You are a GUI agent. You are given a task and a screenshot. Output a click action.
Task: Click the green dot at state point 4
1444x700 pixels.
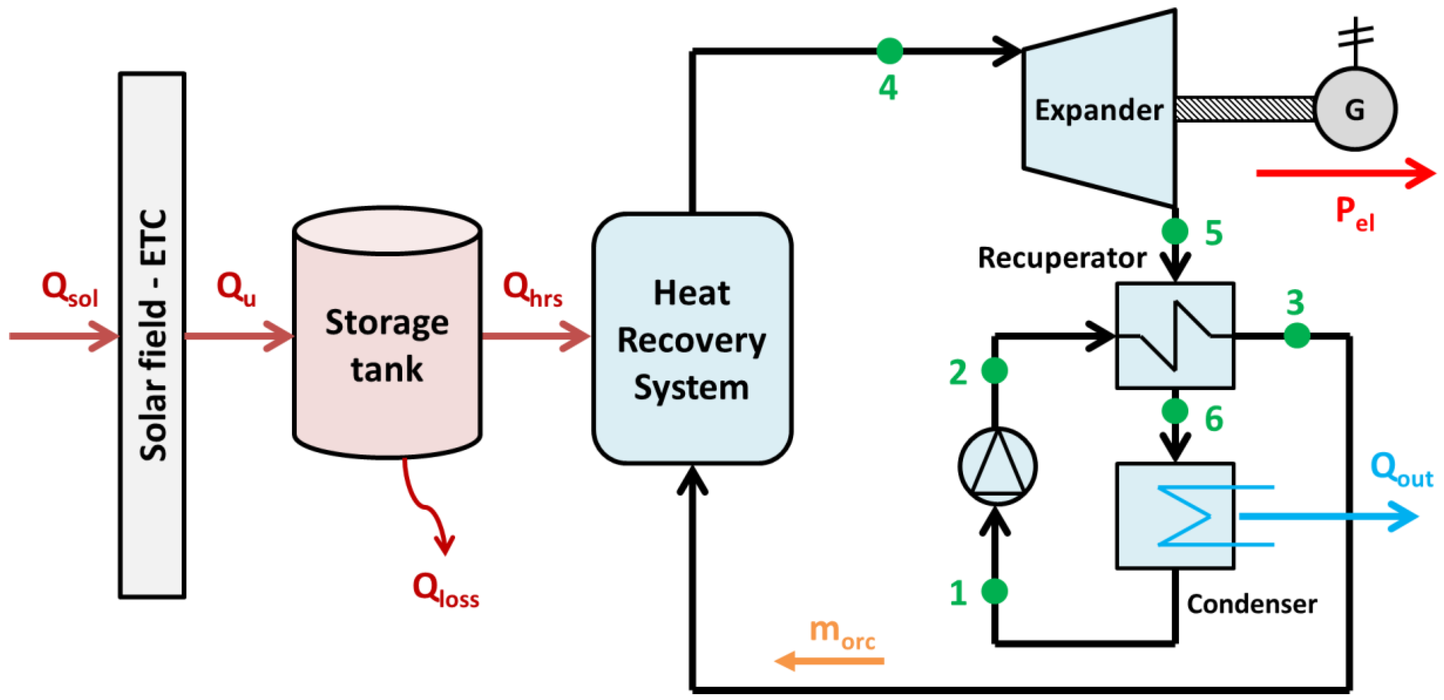tap(890, 51)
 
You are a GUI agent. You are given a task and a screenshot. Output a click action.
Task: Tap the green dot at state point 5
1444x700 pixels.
tap(1175, 231)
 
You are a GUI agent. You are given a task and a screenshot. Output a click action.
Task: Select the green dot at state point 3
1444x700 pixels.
tap(1297, 336)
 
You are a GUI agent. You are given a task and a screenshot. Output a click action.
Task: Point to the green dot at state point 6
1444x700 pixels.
tap(1175, 411)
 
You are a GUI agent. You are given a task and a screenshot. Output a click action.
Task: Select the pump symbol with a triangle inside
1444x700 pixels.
tap(997, 466)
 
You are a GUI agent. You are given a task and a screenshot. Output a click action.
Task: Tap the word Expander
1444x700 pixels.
tap(1099, 110)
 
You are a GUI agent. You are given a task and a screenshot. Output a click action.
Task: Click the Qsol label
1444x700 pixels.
tap(70, 289)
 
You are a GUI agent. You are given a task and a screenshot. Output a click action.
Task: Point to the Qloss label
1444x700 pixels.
tap(446, 590)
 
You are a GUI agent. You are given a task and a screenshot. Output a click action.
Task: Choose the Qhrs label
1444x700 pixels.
tap(533, 289)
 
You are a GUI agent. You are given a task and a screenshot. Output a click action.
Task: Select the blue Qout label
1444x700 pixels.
tap(1401, 470)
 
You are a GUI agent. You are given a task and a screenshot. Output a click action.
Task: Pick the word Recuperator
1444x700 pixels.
tap(1062, 259)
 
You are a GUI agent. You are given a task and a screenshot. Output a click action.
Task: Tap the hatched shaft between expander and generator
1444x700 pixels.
tap(1245, 109)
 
